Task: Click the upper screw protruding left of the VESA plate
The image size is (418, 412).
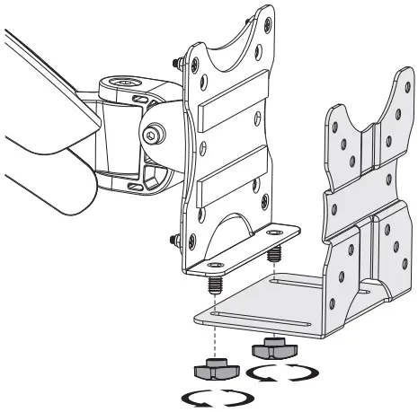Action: [173, 61]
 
